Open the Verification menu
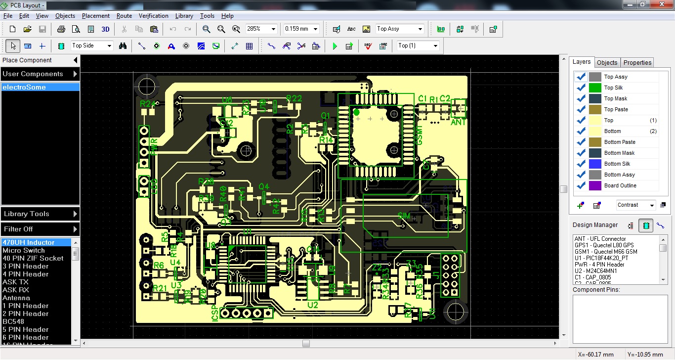(153, 16)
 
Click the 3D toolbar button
(105, 29)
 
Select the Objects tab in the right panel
(607, 62)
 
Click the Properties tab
(637, 62)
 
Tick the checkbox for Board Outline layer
(581, 185)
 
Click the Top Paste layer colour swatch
(595, 109)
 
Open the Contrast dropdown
(636, 205)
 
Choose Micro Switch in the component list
(23, 250)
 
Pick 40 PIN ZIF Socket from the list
(33, 258)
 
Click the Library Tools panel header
(40, 214)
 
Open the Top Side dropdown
(92, 46)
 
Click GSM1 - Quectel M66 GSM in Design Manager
(605, 252)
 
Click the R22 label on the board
(294, 98)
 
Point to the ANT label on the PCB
(459, 122)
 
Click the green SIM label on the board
(404, 216)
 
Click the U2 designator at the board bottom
(312, 305)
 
